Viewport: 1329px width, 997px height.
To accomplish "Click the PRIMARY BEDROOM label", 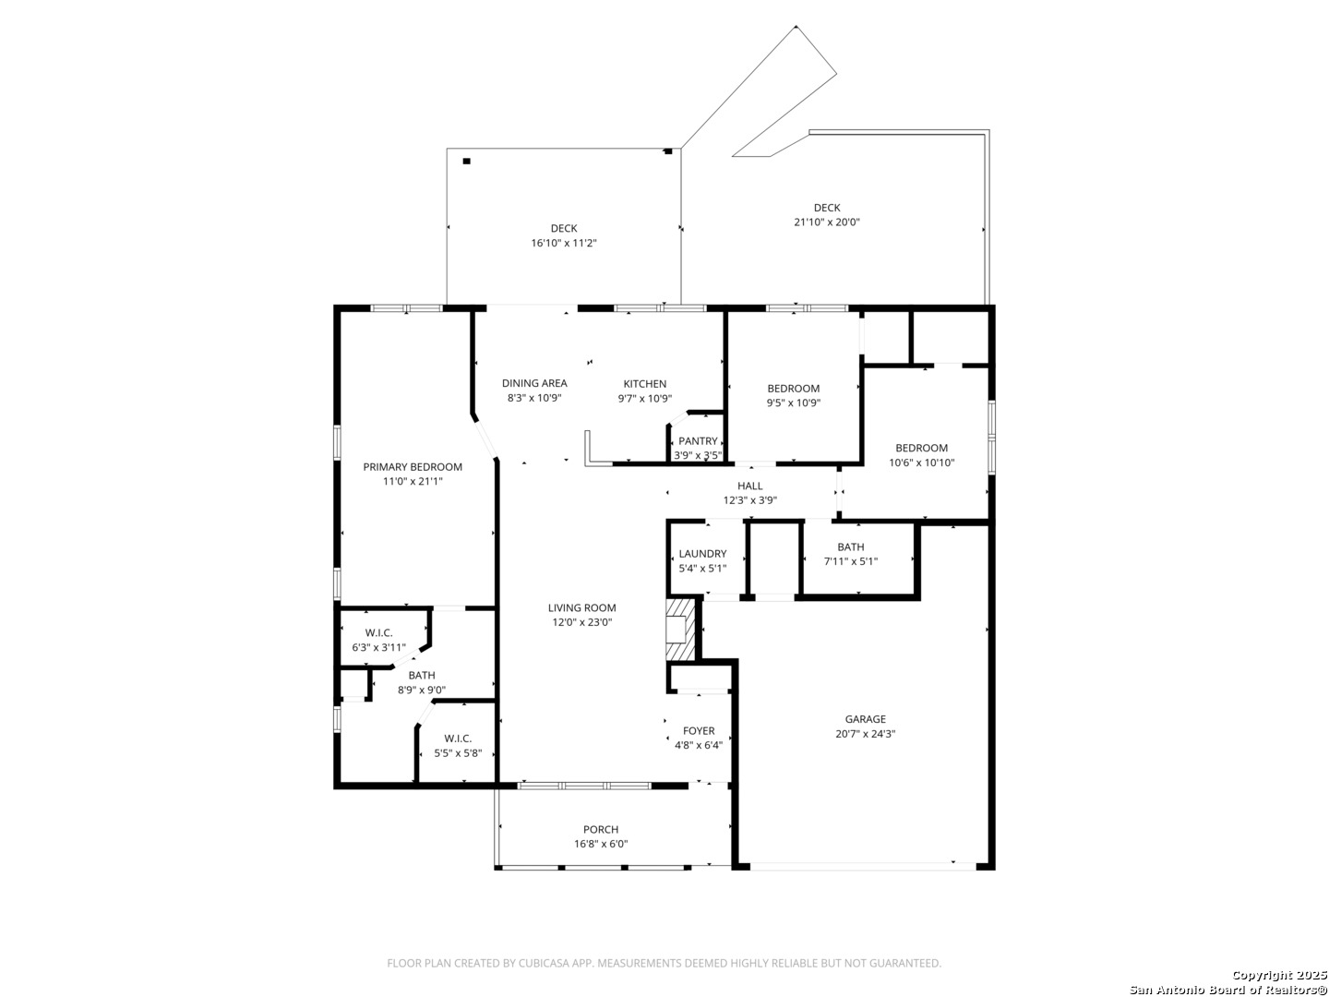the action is pos(413,467).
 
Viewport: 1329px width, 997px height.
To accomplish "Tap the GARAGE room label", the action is pos(865,719).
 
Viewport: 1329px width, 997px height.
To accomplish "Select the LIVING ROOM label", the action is pos(581,607).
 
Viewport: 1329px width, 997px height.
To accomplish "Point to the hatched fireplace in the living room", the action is pos(680,630).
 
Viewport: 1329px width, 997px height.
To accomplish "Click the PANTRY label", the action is pos(698,441).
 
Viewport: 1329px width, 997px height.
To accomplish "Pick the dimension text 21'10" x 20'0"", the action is pos(827,222).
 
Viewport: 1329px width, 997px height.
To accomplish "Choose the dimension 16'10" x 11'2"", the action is pos(564,244).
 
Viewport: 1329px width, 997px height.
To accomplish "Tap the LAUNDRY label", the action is pos(702,554).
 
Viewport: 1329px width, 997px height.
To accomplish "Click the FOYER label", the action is pos(699,730).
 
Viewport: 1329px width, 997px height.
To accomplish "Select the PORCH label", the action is pos(601,829).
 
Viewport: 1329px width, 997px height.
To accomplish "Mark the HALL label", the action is pos(750,486).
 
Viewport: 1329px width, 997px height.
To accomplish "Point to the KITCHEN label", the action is pos(645,384).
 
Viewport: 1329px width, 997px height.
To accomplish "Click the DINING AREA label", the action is pos(534,383).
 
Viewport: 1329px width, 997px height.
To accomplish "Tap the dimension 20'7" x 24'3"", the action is pos(865,734).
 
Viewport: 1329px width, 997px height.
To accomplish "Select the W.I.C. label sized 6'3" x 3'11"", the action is pos(378,633).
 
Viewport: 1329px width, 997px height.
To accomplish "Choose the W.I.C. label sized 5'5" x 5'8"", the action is pos(458,739).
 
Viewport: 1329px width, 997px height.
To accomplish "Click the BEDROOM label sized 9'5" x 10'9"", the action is pos(793,389).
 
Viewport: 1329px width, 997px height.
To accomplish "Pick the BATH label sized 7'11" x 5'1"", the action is pos(851,547).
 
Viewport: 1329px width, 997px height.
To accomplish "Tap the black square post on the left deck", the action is pos(466,161).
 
